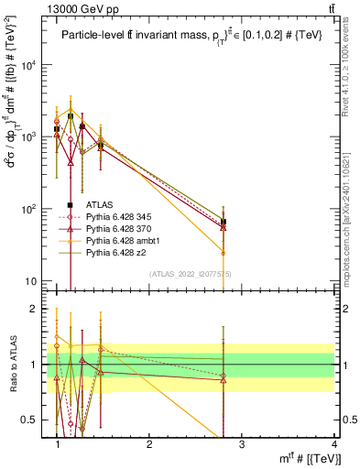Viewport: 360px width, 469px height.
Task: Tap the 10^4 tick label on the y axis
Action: click(32, 65)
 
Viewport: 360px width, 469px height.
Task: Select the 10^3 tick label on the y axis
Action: click(32, 136)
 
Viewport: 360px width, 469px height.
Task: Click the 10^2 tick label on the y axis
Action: click(32, 209)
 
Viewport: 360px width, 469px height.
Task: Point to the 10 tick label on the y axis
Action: click(35, 280)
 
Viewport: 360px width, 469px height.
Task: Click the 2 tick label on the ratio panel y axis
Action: click(37, 310)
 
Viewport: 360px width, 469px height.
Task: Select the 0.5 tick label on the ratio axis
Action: click(33, 420)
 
